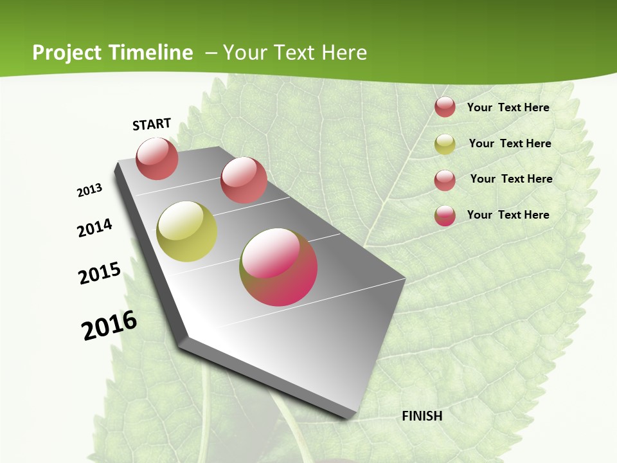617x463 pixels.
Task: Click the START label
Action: (152, 124)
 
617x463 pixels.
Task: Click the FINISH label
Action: (422, 416)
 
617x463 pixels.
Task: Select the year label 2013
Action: (90, 190)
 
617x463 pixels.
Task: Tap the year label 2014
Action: (95, 228)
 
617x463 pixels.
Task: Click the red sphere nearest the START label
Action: (157, 158)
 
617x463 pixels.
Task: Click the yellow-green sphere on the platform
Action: (186, 232)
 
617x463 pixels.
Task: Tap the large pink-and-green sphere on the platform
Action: (278, 267)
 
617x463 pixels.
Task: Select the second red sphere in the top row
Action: (243, 179)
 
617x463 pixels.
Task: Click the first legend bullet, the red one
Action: (445, 107)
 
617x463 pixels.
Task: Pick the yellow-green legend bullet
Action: (445, 144)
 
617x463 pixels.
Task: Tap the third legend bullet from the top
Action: (445, 180)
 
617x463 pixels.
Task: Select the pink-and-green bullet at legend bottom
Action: (445, 215)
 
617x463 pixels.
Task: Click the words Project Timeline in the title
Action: (112, 53)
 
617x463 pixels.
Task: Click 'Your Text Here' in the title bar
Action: (295, 53)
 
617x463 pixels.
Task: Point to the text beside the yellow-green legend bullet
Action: (510, 143)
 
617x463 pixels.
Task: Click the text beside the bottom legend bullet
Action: (508, 215)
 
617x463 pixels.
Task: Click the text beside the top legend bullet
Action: (508, 107)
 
